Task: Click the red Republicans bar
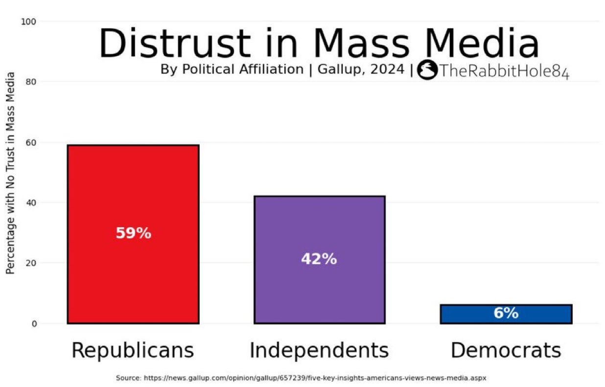pos(133,234)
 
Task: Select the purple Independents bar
pos(320,260)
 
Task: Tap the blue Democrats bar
pos(506,314)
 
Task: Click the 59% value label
pos(134,233)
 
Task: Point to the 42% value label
pos(319,259)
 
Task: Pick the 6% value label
pos(506,313)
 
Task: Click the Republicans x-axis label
pos(133,350)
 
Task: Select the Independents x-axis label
pos(319,350)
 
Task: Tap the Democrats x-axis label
pos(506,350)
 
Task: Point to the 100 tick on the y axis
pos(28,22)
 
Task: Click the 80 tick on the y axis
pos(31,82)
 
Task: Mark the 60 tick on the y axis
pos(31,142)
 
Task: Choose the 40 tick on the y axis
pos(31,203)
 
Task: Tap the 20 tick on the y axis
pos(31,263)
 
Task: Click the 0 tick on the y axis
pos(34,323)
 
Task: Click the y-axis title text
pos(10,173)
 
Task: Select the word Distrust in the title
pos(175,43)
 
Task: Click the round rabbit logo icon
pos(427,69)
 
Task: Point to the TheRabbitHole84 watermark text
pos(505,71)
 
